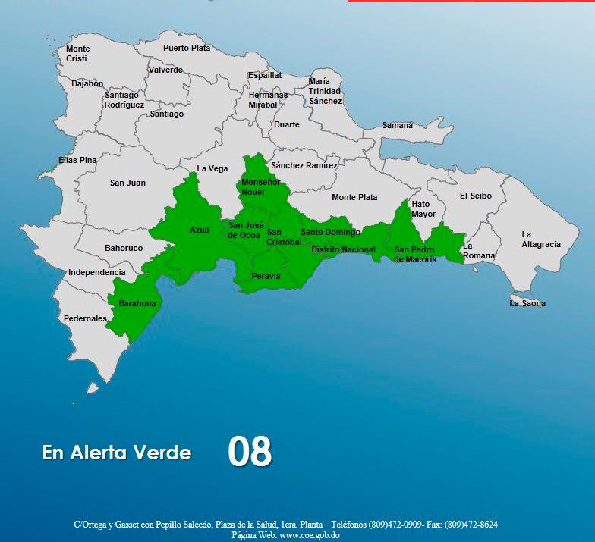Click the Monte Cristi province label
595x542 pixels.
[x=77, y=54]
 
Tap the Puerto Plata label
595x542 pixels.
[x=187, y=48]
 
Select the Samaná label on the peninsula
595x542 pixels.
[x=398, y=125]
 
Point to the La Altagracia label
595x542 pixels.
[x=541, y=240]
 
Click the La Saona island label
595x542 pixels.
[x=527, y=303]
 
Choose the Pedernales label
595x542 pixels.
[x=85, y=318]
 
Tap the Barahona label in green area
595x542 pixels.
[x=137, y=303]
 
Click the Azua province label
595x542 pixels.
[x=200, y=230]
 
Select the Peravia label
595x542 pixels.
[x=266, y=276]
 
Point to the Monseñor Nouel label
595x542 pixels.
[x=260, y=187]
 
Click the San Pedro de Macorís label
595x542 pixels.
[x=415, y=255]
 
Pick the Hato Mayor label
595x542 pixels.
[x=423, y=209]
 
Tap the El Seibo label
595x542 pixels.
[x=476, y=196]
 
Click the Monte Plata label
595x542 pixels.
[x=354, y=197]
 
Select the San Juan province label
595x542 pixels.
[x=127, y=183]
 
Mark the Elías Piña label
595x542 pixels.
[x=78, y=160]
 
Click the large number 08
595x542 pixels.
[x=250, y=452]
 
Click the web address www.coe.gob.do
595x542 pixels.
[x=309, y=535]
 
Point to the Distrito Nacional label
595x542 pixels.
[x=343, y=249]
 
